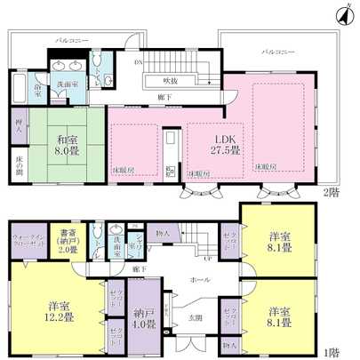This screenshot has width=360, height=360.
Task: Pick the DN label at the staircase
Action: pos(138,63)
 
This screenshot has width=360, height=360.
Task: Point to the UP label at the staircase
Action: pos(206,260)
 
